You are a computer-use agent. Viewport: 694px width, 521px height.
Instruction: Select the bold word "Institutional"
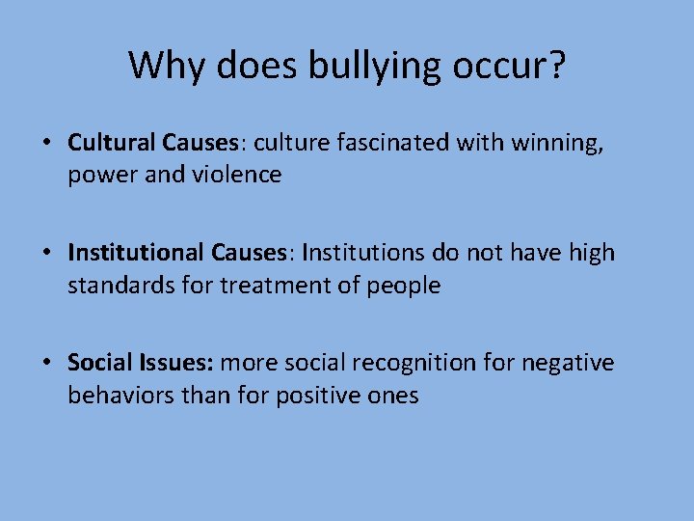tap(135, 253)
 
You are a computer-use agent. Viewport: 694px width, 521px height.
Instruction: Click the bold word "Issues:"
tap(177, 363)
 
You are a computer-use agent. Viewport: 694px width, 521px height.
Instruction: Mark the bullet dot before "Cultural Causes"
tap(46, 144)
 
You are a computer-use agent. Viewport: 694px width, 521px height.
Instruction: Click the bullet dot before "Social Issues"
tap(46, 364)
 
